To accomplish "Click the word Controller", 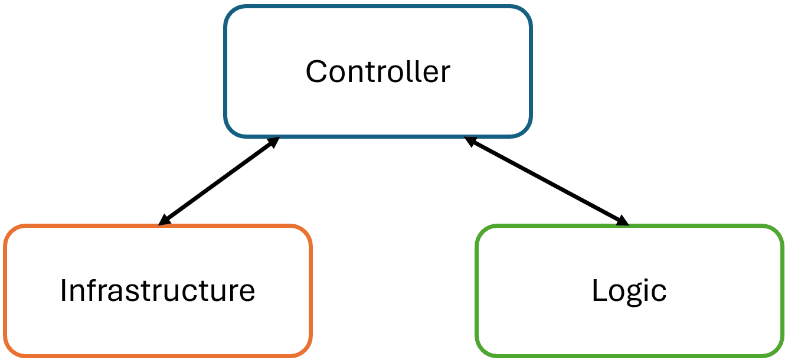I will click(378, 72).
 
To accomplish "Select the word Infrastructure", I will click(157, 290).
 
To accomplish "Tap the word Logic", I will click(629, 290).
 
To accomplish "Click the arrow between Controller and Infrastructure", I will click(218, 181).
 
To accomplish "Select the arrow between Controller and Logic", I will click(546, 181).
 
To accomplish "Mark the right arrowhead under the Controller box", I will click(470, 141).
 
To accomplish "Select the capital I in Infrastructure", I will click(64, 290).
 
